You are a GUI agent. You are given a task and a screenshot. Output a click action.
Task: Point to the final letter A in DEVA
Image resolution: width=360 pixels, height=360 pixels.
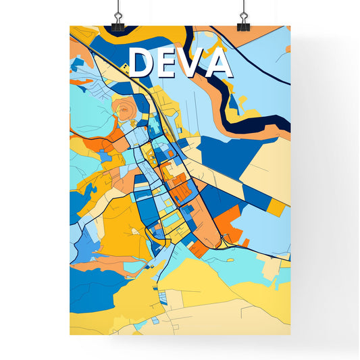[220, 63]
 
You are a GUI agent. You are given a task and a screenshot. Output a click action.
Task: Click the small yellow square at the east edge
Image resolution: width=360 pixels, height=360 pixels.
[277, 207]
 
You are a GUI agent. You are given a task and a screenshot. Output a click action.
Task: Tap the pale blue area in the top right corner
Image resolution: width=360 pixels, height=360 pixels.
[267, 68]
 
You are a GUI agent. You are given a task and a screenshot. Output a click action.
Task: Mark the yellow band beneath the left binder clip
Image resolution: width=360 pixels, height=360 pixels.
[95, 32]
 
